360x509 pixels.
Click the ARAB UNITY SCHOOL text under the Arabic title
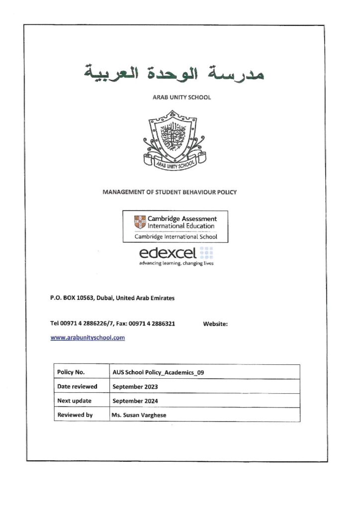[x=181, y=97]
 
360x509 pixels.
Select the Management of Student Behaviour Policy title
[x=170, y=192]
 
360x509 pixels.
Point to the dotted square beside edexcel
[x=206, y=253]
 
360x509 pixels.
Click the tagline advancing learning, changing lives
[x=177, y=263]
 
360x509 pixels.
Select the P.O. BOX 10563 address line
[x=112, y=298]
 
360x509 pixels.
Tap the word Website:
[x=215, y=324]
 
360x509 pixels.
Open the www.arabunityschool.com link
[x=88, y=338]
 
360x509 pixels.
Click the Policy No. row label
[x=71, y=372]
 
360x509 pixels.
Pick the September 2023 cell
[x=136, y=386]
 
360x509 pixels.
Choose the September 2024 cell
[x=136, y=401]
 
